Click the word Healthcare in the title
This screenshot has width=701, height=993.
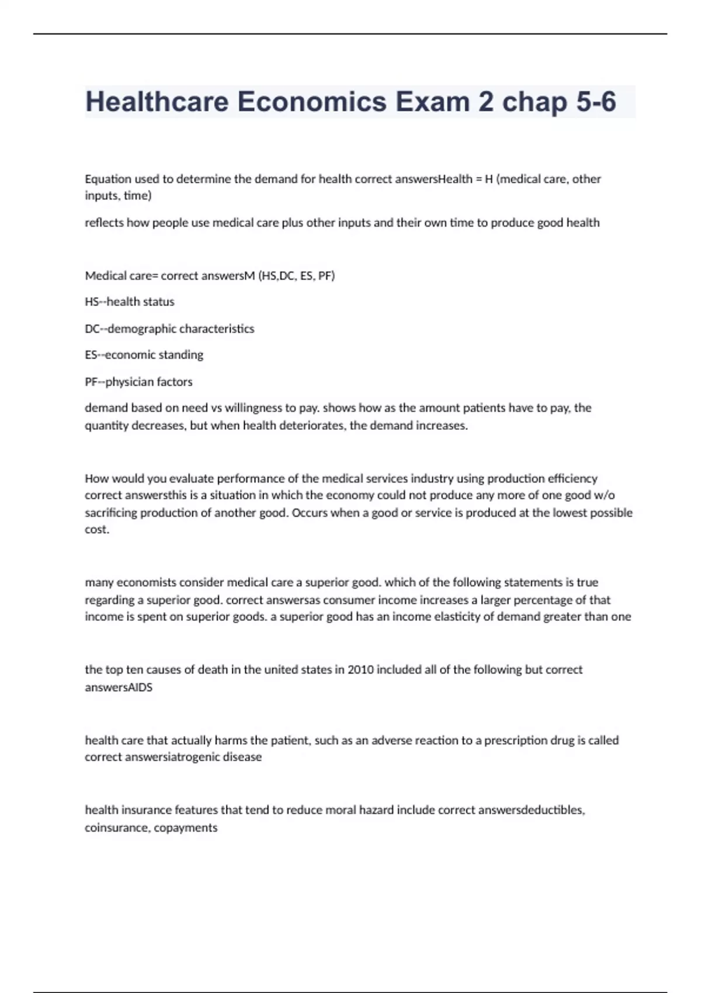[157, 102]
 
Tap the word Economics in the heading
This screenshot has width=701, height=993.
[312, 102]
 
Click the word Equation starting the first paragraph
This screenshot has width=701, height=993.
[108, 179]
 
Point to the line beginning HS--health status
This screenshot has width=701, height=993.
[130, 302]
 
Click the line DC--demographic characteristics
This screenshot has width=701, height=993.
[169, 329]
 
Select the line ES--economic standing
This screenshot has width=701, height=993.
[144, 355]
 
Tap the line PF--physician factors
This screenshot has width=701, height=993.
[138, 382]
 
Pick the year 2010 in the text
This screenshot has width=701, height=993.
[360, 670]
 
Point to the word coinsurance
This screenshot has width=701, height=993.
[116, 828]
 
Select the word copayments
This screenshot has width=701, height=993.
[186, 828]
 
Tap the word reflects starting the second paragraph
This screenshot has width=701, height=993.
[104, 223]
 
